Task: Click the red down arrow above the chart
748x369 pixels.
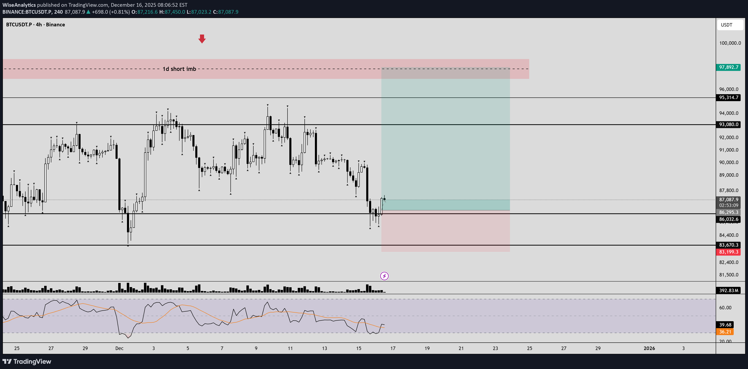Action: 202,39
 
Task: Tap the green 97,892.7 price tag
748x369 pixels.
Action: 728,67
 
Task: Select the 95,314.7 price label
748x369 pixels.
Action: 728,97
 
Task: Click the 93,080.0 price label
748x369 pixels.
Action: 728,124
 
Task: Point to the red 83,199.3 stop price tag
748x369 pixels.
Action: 728,252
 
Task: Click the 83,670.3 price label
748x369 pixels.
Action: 728,245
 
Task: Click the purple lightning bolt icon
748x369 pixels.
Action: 384,276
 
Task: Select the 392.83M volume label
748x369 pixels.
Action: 728,290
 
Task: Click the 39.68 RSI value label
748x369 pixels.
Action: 725,325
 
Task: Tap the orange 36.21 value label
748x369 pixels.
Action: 725,332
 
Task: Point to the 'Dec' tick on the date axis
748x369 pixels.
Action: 119,348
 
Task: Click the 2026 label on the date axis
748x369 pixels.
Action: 649,348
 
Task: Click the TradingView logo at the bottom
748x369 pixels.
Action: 27,361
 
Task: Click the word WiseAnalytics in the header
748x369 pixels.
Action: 19,5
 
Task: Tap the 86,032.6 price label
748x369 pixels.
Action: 728,219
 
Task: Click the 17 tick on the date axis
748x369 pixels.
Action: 393,348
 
